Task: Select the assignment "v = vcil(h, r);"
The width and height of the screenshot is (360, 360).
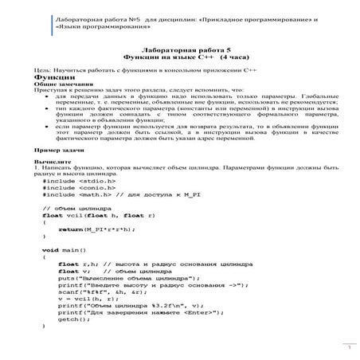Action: point(88,298)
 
